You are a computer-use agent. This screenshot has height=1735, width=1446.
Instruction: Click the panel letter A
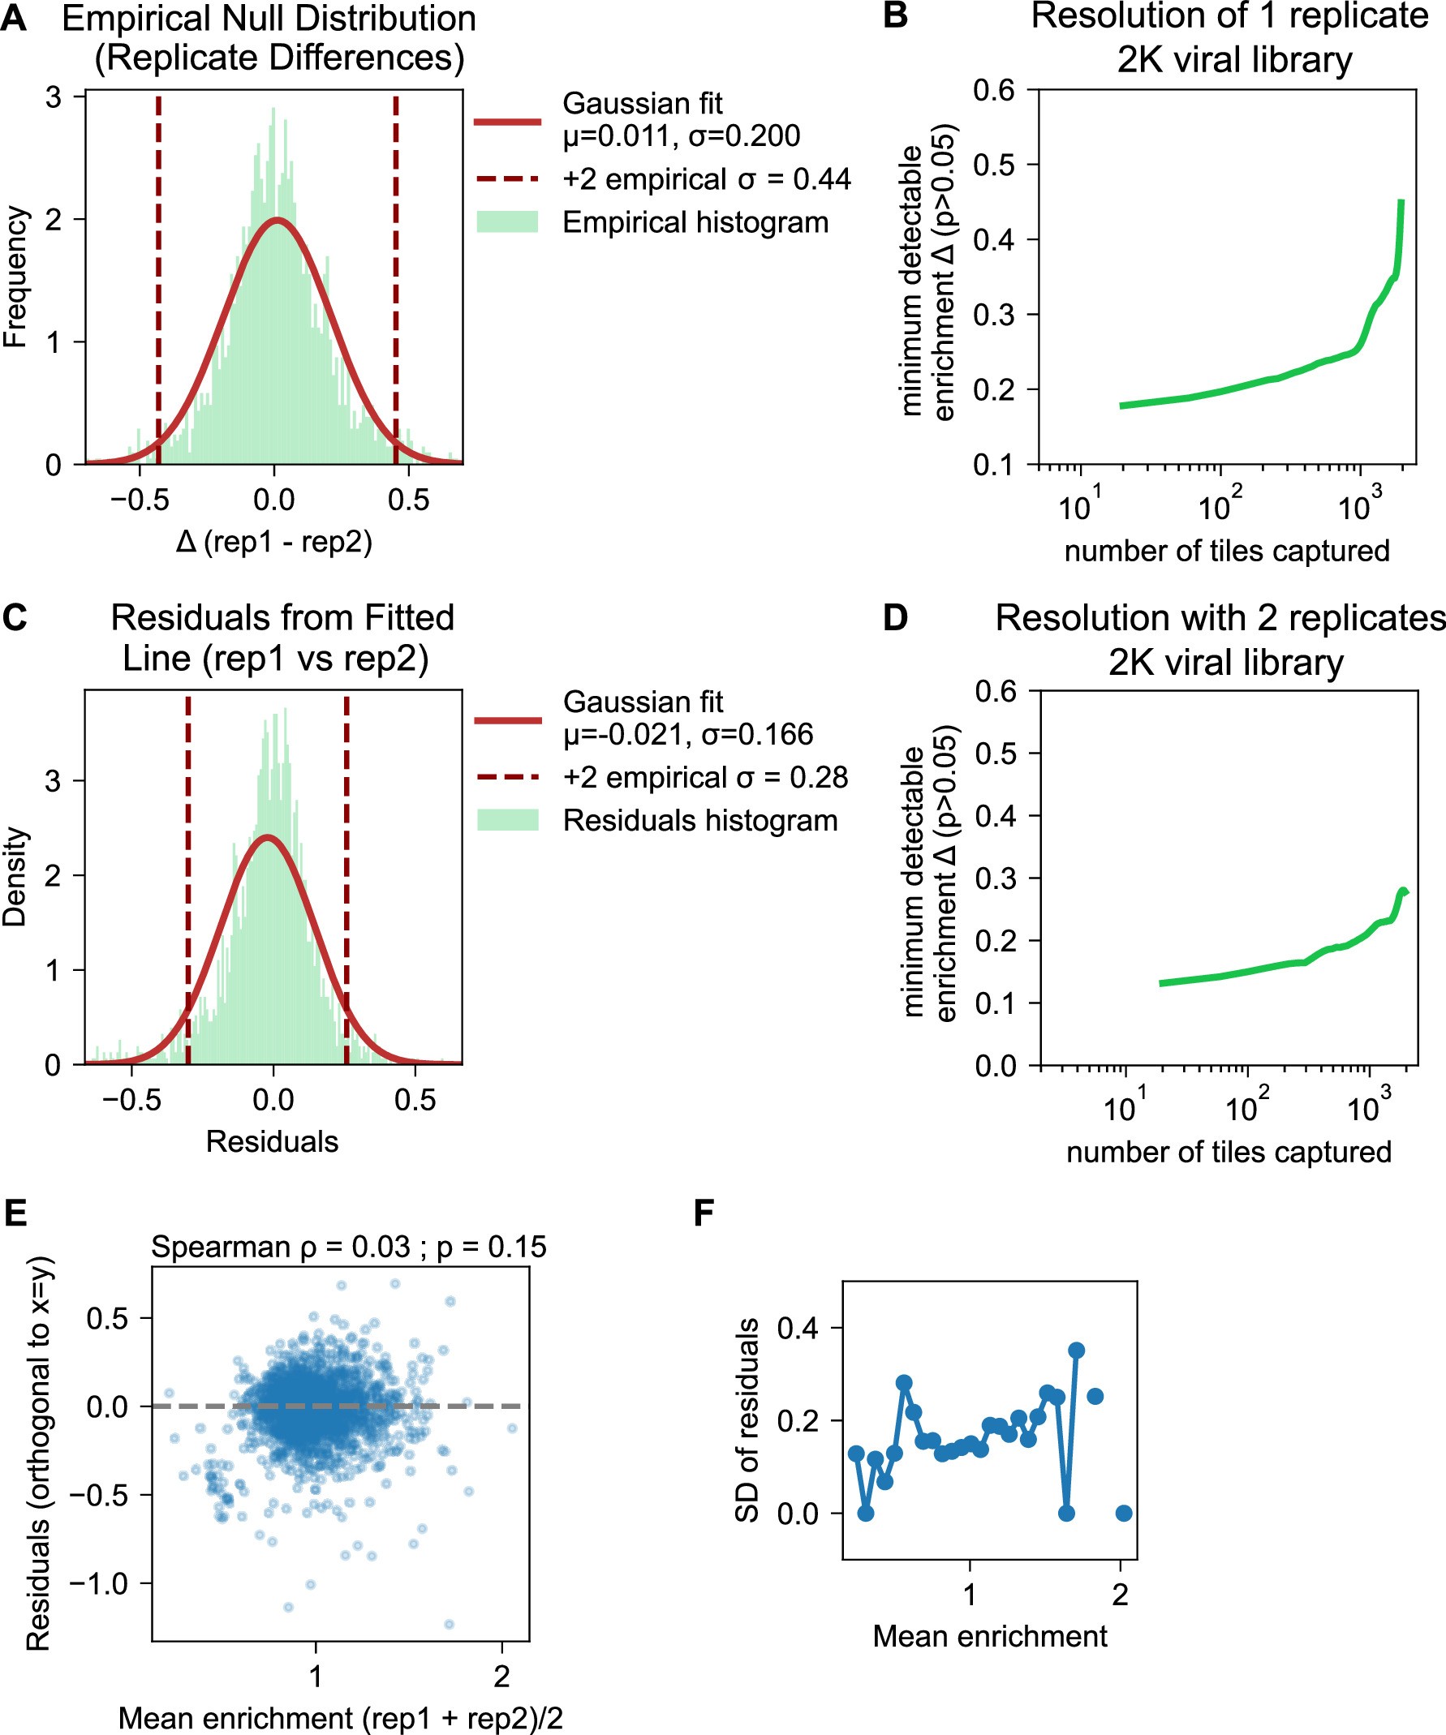point(13,18)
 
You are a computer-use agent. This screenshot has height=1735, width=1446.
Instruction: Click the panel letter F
point(704,1213)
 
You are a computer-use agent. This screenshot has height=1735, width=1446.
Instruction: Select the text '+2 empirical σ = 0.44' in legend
point(706,179)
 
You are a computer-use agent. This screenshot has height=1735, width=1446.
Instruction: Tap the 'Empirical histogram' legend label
point(695,222)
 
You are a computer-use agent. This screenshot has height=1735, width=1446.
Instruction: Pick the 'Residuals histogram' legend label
point(699,820)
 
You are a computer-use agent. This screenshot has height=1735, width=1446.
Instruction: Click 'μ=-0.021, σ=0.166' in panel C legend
point(687,735)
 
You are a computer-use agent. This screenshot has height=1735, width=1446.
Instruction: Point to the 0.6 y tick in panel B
point(993,90)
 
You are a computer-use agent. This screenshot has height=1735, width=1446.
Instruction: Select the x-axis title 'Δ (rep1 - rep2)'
point(273,542)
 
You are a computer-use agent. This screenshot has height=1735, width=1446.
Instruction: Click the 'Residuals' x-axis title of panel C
point(272,1142)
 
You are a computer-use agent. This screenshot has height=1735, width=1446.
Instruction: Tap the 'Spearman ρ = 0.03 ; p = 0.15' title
point(348,1247)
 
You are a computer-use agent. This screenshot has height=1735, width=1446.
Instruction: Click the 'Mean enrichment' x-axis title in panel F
point(990,1637)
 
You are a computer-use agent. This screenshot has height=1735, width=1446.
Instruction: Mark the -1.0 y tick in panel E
point(100,1584)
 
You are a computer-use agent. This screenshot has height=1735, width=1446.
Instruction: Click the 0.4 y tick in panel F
point(798,1328)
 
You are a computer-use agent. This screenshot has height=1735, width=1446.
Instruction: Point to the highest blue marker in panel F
point(1076,1350)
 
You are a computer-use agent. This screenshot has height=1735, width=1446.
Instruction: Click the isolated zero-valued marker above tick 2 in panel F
point(1123,1514)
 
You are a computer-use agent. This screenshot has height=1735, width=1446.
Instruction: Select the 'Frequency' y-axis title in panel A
point(15,277)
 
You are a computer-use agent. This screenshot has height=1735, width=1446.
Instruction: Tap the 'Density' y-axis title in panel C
point(15,877)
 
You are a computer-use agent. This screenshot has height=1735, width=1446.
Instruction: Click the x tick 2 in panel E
point(501,1677)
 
